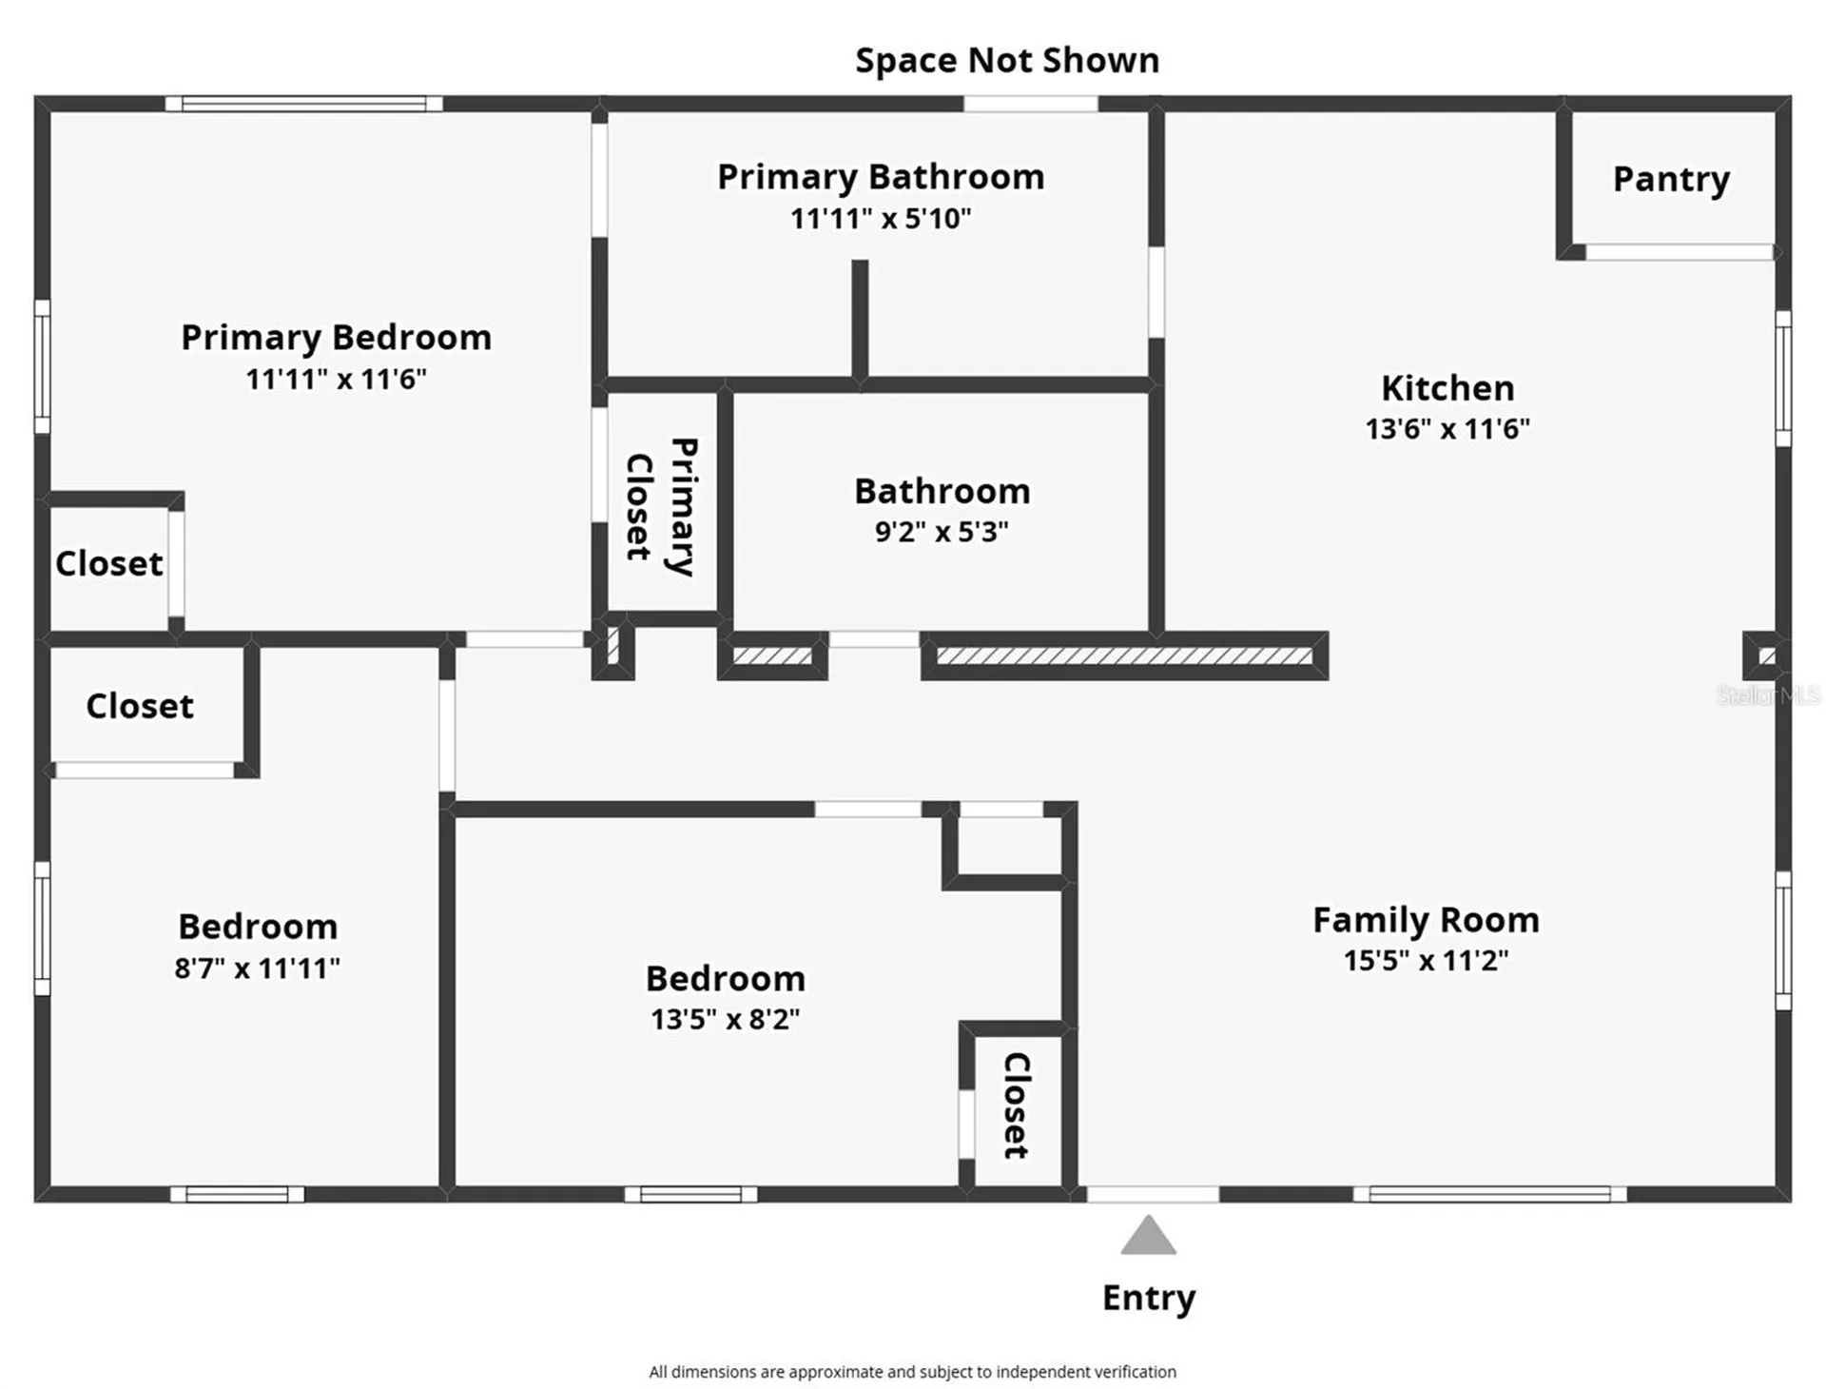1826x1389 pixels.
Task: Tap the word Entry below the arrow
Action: pyautogui.click(x=1149, y=1299)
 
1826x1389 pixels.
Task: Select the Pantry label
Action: pyautogui.click(x=1671, y=180)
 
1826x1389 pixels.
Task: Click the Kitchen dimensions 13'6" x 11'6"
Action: pyautogui.click(x=1447, y=429)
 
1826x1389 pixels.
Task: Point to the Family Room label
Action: pyautogui.click(x=1426, y=920)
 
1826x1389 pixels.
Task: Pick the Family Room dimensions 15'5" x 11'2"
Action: pyautogui.click(x=1426, y=961)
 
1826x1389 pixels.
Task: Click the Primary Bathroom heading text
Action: pyautogui.click(x=881, y=178)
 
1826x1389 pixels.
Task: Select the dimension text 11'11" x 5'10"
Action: pyautogui.click(x=881, y=219)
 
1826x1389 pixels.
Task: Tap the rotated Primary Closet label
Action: pyautogui.click(x=662, y=507)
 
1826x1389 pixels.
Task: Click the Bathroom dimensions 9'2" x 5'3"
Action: pyautogui.click(x=942, y=532)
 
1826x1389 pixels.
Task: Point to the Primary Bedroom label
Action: pyautogui.click(x=336, y=339)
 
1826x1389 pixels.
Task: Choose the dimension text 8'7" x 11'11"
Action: pyautogui.click(x=257, y=968)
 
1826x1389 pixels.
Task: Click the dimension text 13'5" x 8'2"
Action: pyautogui.click(x=725, y=1020)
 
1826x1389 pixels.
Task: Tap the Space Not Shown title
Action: pyautogui.click(x=1007, y=61)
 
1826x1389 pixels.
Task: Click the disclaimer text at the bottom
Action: pyautogui.click(x=912, y=1372)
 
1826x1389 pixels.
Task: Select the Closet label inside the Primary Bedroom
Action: pyautogui.click(x=109, y=564)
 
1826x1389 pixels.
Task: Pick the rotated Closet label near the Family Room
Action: pyautogui.click(x=1017, y=1105)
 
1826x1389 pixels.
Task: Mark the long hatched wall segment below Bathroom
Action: pyautogui.click(x=1124, y=656)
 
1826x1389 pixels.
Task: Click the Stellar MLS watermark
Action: pyautogui.click(x=1768, y=695)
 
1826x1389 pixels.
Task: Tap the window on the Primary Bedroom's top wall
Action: pyautogui.click(x=303, y=104)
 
